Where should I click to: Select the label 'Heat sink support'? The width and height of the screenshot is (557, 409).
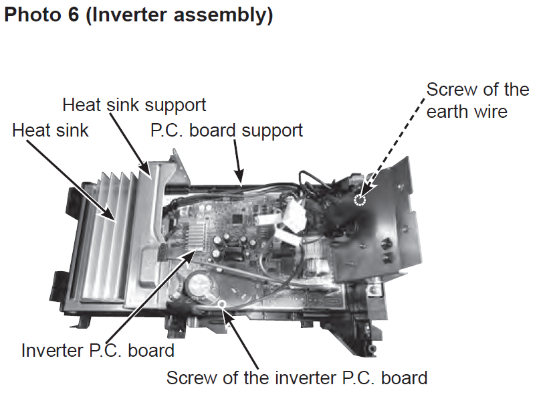coord(134,105)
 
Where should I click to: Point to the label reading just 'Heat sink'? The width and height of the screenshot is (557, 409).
coord(50,130)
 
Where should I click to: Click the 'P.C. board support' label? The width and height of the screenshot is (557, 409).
coord(227,130)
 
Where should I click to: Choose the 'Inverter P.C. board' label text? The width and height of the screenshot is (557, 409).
coord(98,349)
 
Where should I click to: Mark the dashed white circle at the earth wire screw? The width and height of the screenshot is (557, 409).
coord(360,200)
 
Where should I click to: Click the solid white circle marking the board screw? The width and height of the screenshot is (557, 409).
coord(221,305)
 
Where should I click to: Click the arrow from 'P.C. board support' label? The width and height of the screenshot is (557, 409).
coord(237,161)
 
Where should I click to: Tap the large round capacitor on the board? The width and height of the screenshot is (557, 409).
coord(199,285)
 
